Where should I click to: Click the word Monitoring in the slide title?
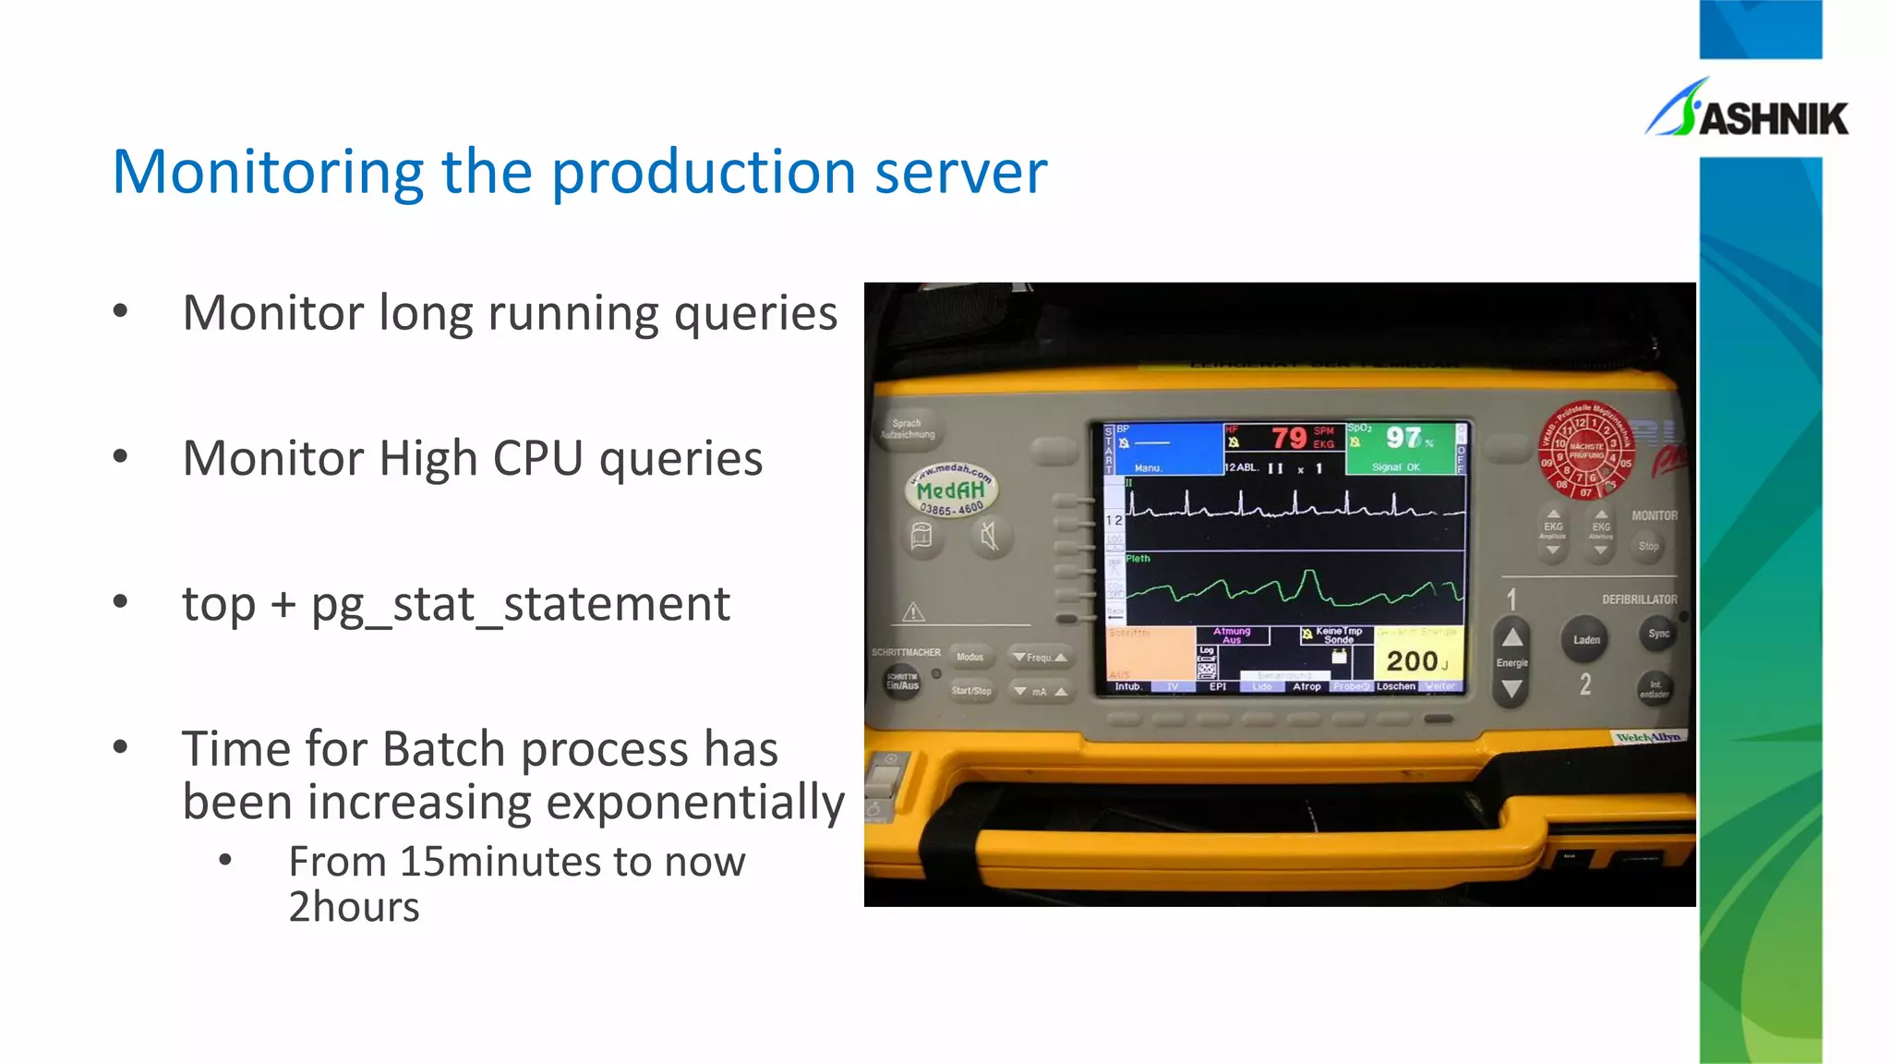pos(268,173)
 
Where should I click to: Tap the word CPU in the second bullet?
pos(538,458)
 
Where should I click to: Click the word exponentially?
pos(688,802)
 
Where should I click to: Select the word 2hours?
pos(354,907)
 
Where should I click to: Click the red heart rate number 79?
pos(1289,437)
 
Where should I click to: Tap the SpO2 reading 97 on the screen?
pos(1403,437)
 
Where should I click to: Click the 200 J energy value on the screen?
pos(1412,660)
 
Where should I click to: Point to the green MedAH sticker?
pos(951,490)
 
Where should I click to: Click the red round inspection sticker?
pos(1584,449)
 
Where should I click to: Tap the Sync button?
pos(1658,634)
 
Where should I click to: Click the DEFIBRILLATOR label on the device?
pos(1639,599)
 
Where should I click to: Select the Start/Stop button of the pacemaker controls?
pos(971,690)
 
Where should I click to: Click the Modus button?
pos(970,657)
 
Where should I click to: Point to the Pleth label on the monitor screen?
pos(1138,559)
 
